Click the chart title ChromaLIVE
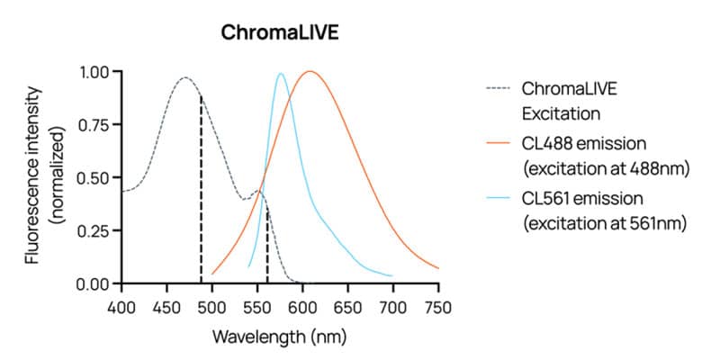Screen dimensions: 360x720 click(279, 34)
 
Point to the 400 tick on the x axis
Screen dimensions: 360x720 click(121, 308)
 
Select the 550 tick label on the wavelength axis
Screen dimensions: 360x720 click(256, 308)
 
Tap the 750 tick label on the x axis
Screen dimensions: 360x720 click(438, 308)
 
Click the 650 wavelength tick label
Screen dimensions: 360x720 click(347, 308)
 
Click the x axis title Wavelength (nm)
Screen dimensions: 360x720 click(279, 337)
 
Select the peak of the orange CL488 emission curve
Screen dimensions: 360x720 click(310, 71)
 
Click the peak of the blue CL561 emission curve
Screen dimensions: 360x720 click(281, 74)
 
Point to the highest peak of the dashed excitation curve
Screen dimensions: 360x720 click(184, 78)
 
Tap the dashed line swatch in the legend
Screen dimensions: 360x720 click(498, 89)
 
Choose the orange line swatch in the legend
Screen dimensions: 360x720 click(498, 142)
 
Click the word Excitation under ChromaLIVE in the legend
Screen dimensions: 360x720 click(562, 114)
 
